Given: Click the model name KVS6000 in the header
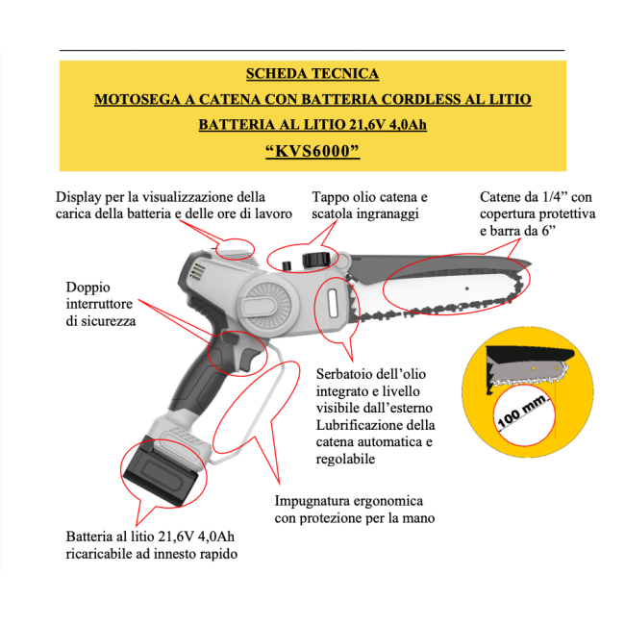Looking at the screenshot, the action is [312, 151].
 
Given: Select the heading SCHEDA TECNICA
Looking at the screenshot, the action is [312, 74].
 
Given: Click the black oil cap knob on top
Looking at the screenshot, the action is [316, 260].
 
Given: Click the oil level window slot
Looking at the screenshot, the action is [333, 304].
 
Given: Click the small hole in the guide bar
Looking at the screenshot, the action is [467, 288].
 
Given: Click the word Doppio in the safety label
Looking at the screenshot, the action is [88, 287].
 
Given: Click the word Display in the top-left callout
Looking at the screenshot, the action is [78, 197].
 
